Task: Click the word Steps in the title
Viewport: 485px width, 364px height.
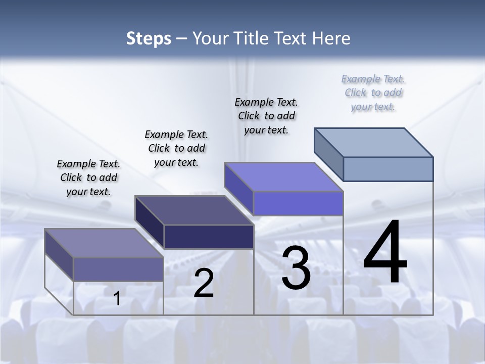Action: [x=149, y=38]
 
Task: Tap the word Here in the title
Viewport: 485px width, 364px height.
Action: [x=331, y=38]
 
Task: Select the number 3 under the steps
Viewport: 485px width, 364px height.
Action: [x=296, y=268]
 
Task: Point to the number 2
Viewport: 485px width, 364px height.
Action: [x=204, y=283]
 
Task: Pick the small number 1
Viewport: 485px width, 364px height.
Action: [x=117, y=298]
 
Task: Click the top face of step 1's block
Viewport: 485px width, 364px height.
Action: [x=104, y=243]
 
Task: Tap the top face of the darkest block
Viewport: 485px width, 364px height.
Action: [x=194, y=210]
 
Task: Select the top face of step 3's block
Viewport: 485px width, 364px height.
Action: [x=284, y=177]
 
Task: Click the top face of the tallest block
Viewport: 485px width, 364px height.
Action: [x=374, y=142]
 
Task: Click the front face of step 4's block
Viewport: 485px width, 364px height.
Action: [x=388, y=169]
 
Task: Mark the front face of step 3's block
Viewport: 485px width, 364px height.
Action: [x=298, y=203]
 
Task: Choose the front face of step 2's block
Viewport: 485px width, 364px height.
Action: [x=209, y=237]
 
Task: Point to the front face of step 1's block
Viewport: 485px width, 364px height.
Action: [x=118, y=269]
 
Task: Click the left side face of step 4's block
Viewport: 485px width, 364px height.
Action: [x=328, y=154]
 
